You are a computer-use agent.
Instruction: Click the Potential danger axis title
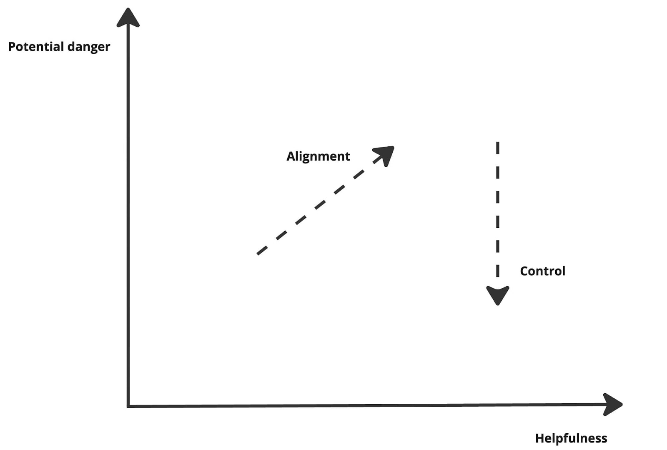click(59, 47)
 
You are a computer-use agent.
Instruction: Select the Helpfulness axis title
click(571, 438)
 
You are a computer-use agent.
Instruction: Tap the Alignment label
click(318, 156)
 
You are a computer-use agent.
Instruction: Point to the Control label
click(542, 271)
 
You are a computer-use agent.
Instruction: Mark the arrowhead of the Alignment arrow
click(386, 154)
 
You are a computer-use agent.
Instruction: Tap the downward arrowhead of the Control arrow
click(497, 295)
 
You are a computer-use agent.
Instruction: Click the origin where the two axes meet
click(128, 405)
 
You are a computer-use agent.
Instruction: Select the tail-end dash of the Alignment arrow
click(262, 250)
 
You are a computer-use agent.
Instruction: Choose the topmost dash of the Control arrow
click(497, 148)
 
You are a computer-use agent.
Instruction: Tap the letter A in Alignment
click(291, 156)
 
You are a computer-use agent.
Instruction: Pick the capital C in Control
click(524, 271)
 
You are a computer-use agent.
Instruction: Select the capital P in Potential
click(12, 46)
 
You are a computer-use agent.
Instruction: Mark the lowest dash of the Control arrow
click(497, 271)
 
